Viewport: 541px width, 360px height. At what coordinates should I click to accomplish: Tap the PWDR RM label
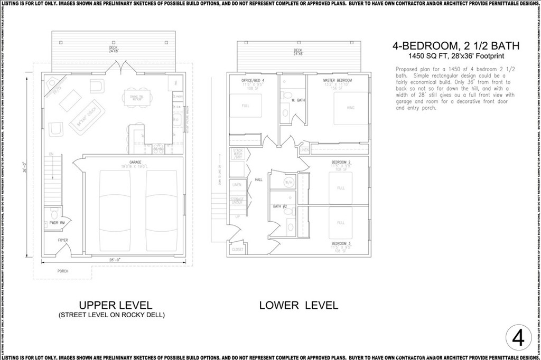click(58, 223)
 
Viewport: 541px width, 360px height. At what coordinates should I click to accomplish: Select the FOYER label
click(63, 240)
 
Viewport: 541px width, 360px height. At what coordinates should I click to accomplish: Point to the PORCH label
click(63, 271)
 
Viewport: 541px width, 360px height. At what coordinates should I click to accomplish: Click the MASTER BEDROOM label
click(337, 80)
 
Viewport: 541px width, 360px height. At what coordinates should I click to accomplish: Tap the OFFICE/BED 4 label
click(253, 80)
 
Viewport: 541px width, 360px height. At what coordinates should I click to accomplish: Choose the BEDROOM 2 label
click(341, 162)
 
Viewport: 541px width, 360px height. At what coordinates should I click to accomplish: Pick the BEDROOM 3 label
click(341, 243)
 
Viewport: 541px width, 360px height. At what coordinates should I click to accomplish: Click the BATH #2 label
click(279, 206)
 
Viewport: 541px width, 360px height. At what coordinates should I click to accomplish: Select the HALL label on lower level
click(258, 179)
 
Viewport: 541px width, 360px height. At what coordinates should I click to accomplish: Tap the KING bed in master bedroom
click(350, 108)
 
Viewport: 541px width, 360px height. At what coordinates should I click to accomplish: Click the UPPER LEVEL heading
click(116, 305)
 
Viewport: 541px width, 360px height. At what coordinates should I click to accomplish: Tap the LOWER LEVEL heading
click(299, 305)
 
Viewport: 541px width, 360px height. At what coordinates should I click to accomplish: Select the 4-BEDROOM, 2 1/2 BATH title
click(455, 46)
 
